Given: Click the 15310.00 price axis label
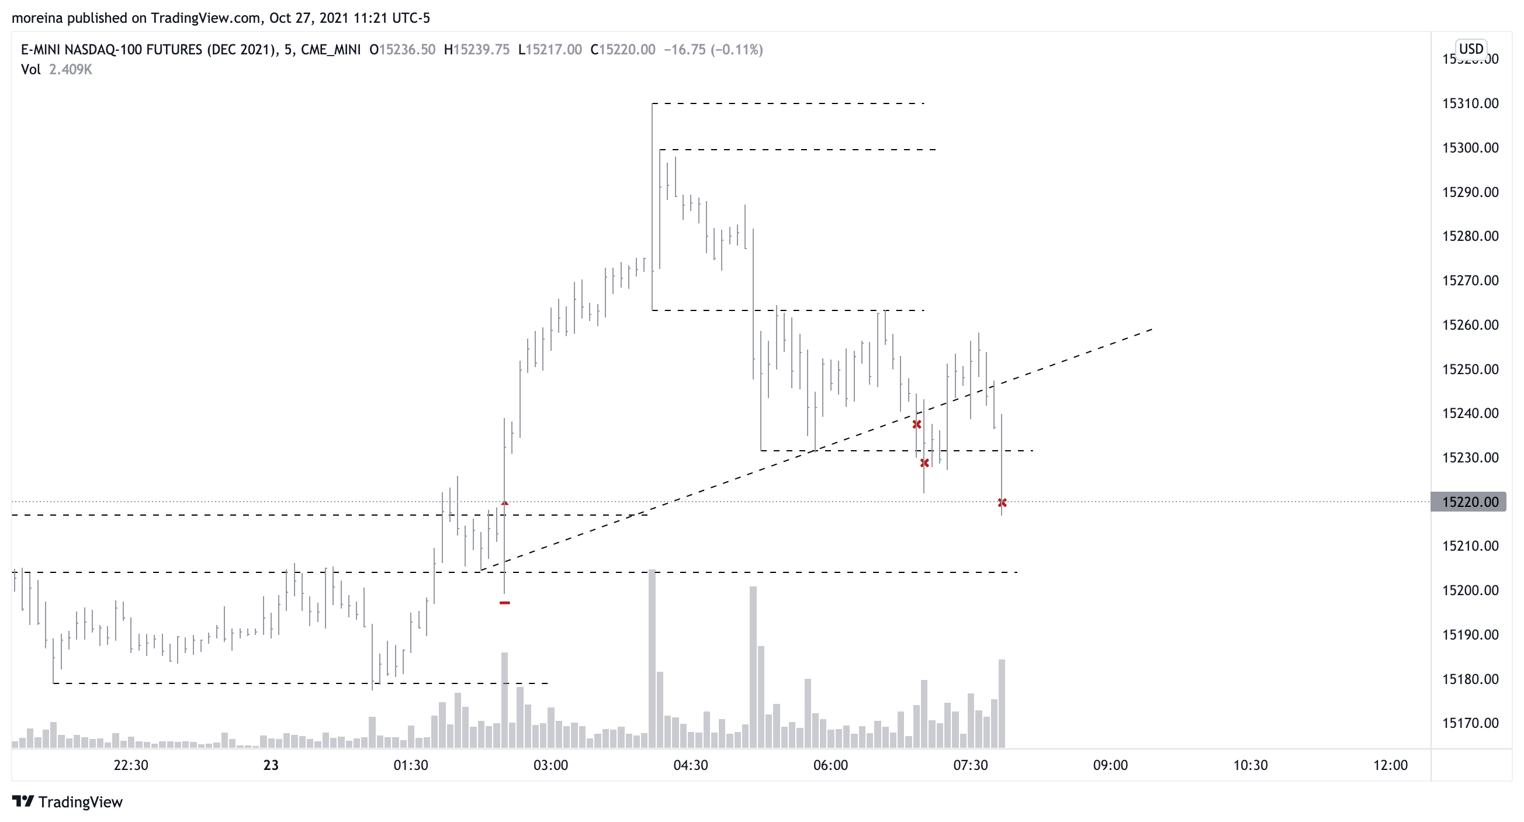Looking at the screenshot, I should click(x=1470, y=103).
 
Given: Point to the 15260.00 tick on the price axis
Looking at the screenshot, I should click(x=1470, y=325).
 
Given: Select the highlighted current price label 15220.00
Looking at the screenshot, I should click(x=1470, y=502).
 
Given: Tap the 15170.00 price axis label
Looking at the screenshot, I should click(x=1470, y=723).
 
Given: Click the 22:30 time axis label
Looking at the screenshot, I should click(x=131, y=765).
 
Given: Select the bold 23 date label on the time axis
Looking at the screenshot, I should click(x=271, y=765).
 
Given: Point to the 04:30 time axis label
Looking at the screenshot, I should click(x=690, y=765).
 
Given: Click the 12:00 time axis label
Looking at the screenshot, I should click(x=1390, y=765).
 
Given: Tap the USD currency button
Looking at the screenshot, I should click(x=1471, y=49).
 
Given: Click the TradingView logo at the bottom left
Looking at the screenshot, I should click(x=67, y=802).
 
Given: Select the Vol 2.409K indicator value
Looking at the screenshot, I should click(x=70, y=70).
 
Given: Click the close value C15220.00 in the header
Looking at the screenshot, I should click(x=622, y=50).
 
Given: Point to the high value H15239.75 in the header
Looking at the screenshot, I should click(x=476, y=50).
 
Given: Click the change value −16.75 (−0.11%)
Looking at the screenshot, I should click(x=713, y=50).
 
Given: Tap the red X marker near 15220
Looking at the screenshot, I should click(x=1002, y=502).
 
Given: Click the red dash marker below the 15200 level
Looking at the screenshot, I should click(x=505, y=602).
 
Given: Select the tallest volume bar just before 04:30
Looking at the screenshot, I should click(x=652, y=657).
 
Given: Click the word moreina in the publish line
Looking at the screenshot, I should click(x=37, y=18).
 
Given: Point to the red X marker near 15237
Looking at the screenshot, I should click(x=917, y=424).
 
